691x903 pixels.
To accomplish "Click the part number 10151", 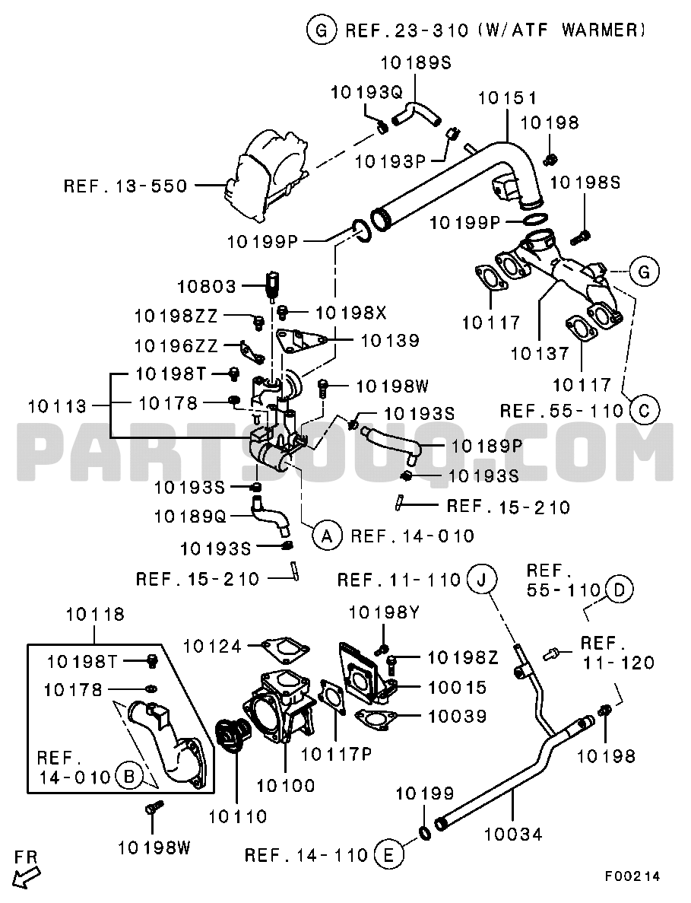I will [508, 97].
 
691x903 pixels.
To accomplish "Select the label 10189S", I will [415, 63].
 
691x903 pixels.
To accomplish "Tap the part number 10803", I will [207, 287].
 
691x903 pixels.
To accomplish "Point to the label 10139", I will [390, 342].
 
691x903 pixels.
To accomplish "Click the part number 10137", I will [540, 353].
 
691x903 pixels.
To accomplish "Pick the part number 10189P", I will [477, 447].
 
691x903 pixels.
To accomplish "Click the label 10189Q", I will [190, 516].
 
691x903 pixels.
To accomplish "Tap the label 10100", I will [287, 785].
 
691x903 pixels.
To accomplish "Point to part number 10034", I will [514, 835].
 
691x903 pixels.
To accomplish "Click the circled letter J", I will [480, 580].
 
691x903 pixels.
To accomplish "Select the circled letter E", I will [388, 856].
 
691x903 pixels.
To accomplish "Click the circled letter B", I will [128, 777].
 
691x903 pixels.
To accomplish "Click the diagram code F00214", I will [632, 876].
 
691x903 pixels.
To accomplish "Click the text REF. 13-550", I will [125, 185].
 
